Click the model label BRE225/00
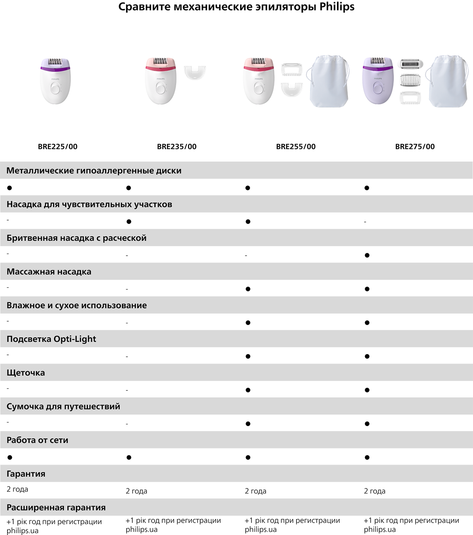point(58,147)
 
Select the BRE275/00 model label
point(415,147)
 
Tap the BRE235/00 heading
point(176,147)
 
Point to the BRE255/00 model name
point(296,147)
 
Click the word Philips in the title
point(337,7)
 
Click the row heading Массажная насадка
point(49,271)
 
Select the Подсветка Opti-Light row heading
point(51,339)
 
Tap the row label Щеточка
point(26,373)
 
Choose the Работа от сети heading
point(37,440)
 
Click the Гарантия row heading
point(26,474)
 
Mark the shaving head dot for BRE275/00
point(367,255)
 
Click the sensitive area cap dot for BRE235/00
point(129,222)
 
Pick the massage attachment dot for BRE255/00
point(248,289)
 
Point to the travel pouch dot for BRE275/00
point(367,424)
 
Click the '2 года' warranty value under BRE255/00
point(255,491)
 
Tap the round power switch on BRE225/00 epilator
point(55,89)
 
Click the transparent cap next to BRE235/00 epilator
point(195,73)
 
